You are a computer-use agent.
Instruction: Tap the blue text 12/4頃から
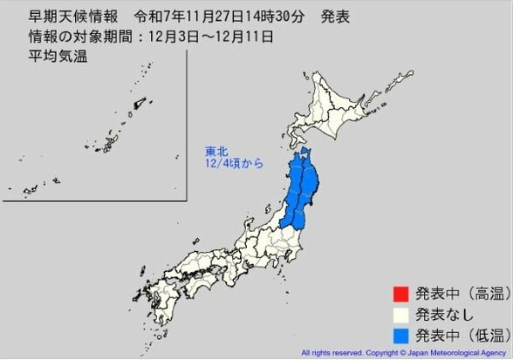point(229,162)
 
